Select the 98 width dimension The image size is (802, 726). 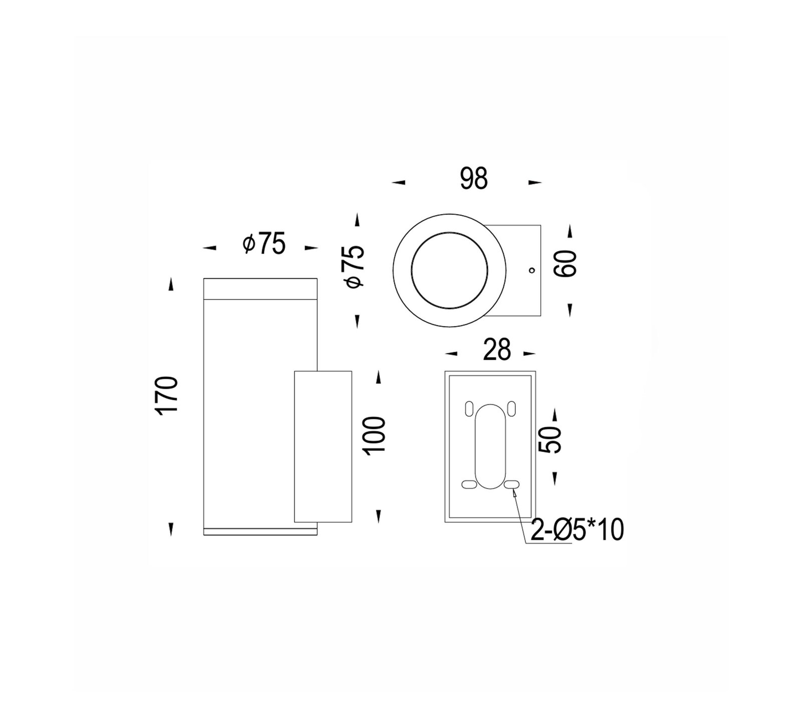(x=474, y=179)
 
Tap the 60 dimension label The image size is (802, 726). (x=566, y=264)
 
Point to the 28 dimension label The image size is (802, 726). (x=497, y=350)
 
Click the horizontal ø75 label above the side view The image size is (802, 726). (x=264, y=244)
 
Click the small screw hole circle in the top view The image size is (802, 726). (x=532, y=271)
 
